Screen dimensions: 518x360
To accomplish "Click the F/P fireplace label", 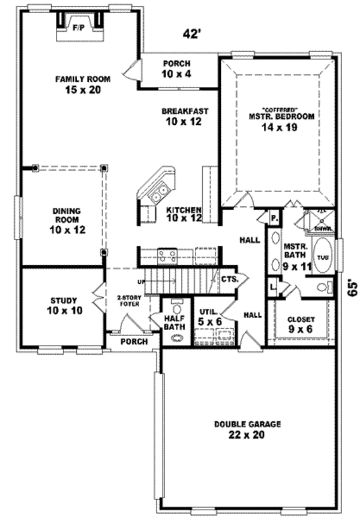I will [79, 28].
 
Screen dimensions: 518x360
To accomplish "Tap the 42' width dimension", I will [191, 34].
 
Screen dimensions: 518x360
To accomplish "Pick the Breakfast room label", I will [184, 116].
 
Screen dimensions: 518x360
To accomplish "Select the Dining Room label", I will [67, 220].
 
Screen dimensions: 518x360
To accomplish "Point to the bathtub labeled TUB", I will [323, 257].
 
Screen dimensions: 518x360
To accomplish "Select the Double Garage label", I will [247, 429].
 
